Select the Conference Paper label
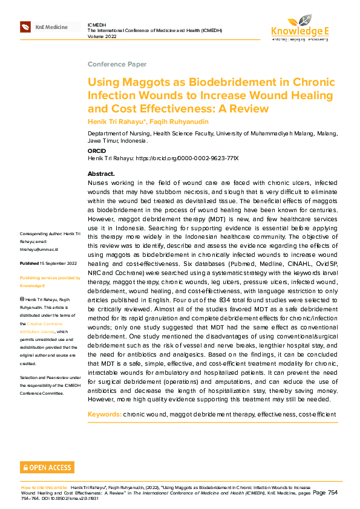[x=117, y=64]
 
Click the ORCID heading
[x=97, y=151]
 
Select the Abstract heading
[x=101, y=174]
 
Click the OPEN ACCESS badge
[x=47, y=467]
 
